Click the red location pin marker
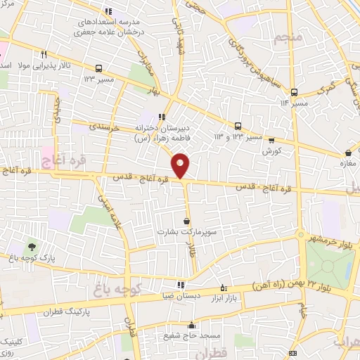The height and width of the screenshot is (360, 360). click(181, 165)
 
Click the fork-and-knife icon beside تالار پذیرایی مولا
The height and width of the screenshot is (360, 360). click(44, 53)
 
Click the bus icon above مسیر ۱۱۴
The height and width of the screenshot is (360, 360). click(294, 92)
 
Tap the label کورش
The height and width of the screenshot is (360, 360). click(272, 151)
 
